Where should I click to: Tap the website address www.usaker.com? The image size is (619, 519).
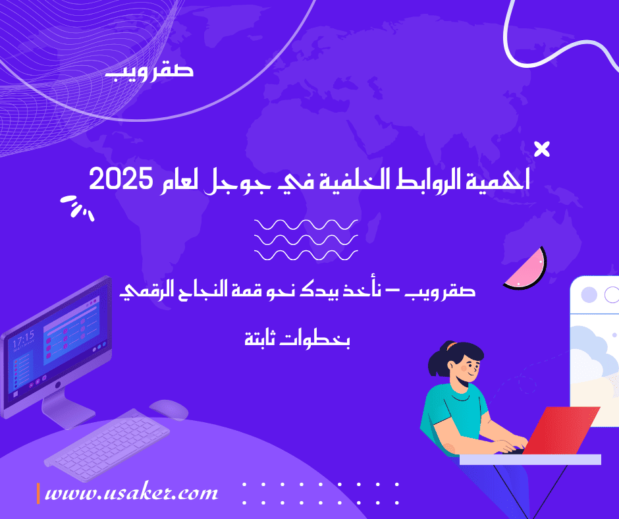pos(132,493)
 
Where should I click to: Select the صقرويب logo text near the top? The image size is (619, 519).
pos(149,71)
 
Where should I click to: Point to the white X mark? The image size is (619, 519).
pos(541,150)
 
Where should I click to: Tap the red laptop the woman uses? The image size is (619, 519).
pos(560,431)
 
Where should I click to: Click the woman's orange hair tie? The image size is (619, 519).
pos(451,346)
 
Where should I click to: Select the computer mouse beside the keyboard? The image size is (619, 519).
pos(169,409)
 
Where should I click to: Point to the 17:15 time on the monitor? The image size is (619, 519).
pos(23,339)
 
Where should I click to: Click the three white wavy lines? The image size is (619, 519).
pos(306,240)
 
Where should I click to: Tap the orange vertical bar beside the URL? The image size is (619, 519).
pos(38,493)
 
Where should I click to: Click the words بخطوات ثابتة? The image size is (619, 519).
pos(297,339)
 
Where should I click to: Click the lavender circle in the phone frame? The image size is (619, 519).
pos(589,294)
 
